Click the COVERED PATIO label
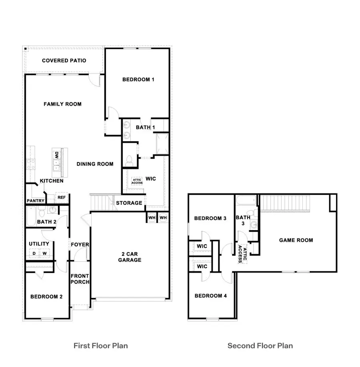(x=64, y=61)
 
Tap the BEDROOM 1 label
(x=138, y=80)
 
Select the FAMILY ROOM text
(x=62, y=104)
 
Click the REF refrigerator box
(x=61, y=197)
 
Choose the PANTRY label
(x=35, y=201)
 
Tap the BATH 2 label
(x=46, y=221)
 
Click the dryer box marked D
(x=34, y=253)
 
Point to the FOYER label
(x=80, y=245)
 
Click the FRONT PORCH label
(x=80, y=279)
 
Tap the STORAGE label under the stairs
(x=129, y=203)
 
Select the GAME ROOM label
(x=296, y=240)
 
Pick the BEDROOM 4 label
(x=211, y=296)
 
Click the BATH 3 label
(x=243, y=221)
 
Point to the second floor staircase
(x=286, y=203)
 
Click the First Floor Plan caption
(x=101, y=345)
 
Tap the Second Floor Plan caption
(x=260, y=345)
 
